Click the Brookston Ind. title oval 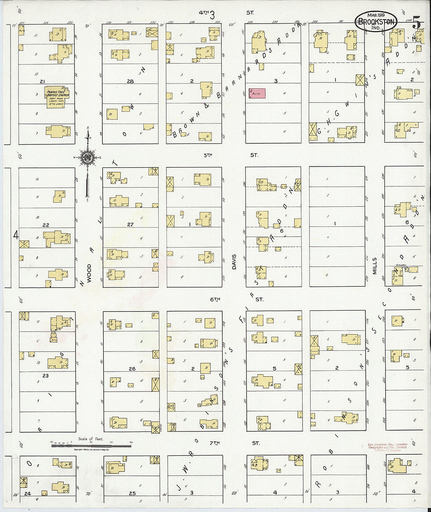pyautogui.click(x=376, y=22)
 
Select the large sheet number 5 pyautogui.click(x=417, y=23)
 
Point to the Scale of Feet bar pyautogui.click(x=91, y=446)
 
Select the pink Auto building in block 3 pyautogui.click(x=257, y=93)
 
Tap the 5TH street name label pyautogui.click(x=208, y=155)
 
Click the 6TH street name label pyautogui.click(x=215, y=299)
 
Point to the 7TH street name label pyautogui.click(x=214, y=443)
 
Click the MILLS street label pyautogui.click(x=375, y=266)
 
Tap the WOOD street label pyautogui.click(x=89, y=271)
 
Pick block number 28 pyautogui.click(x=130, y=81)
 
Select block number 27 pyautogui.click(x=130, y=224)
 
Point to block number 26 pyautogui.click(x=132, y=369)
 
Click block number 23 pyautogui.click(x=45, y=375)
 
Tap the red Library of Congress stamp pyautogui.click(x=387, y=447)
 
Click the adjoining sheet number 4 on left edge pyautogui.click(x=16, y=235)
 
